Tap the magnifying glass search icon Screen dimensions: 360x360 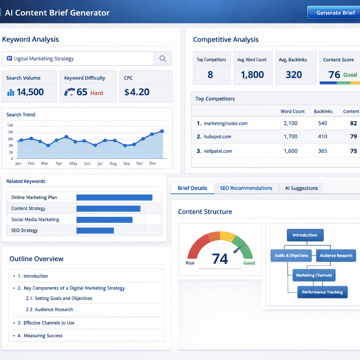point(162,59)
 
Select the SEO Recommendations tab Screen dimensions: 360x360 point(246,188)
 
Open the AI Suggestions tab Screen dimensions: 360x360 point(301,188)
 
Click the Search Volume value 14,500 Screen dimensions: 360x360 point(30,92)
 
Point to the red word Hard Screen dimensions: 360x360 point(97,93)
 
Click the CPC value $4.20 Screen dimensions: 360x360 point(137,92)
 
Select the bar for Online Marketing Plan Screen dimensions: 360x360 point(114,197)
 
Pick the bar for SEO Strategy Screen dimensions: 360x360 point(95,230)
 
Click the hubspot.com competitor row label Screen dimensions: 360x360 point(217,136)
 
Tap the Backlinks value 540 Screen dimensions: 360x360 point(322,123)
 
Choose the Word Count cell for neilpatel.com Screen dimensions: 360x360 point(290,151)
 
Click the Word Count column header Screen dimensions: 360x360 point(292,111)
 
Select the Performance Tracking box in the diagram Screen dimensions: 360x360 point(322,292)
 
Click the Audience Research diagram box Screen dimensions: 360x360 point(336,256)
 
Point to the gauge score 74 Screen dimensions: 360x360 point(220,259)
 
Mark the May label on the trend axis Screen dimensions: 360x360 point(73,163)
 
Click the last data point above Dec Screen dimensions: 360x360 point(162,131)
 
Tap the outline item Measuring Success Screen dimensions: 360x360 point(43,335)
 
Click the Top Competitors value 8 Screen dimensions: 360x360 point(210,75)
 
